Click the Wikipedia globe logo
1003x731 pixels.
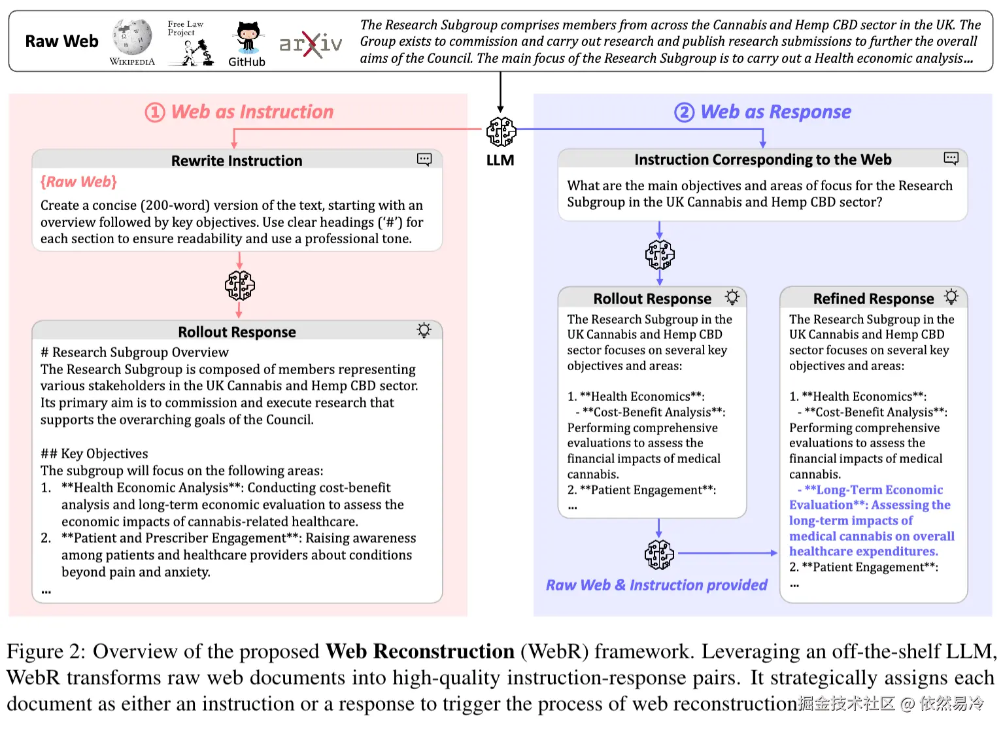point(132,37)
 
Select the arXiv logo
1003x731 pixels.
point(311,44)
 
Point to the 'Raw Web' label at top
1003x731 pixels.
point(61,41)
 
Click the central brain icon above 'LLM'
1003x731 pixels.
point(501,132)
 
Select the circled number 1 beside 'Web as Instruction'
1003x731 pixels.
point(155,112)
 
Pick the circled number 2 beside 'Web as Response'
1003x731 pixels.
point(684,112)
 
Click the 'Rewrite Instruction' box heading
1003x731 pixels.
point(237,161)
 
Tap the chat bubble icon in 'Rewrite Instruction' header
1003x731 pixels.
point(424,160)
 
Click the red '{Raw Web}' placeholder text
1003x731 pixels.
point(78,182)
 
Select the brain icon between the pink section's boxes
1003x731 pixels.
point(240,285)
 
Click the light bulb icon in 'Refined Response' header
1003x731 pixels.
point(951,297)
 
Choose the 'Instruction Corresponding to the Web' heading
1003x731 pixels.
point(762,160)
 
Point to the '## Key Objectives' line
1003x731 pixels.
point(94,454)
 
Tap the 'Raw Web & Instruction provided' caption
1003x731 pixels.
point(656,585)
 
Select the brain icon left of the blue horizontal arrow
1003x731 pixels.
point(659,554)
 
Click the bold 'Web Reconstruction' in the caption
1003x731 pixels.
point(420,651)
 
